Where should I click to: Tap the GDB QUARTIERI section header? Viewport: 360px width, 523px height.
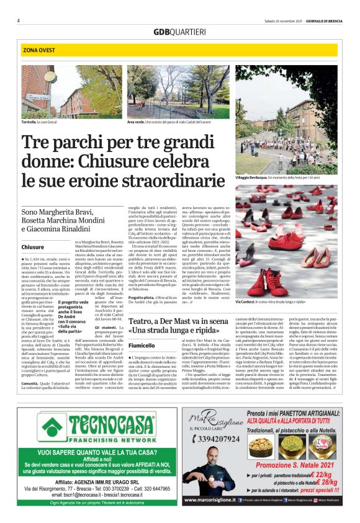coord(180,32)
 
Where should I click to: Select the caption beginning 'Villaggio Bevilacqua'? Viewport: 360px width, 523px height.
coord(287,177)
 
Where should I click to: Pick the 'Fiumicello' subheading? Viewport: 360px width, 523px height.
coord(142,346)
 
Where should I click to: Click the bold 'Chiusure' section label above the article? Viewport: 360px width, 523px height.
coord(33,247)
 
